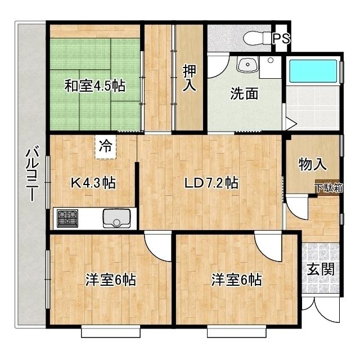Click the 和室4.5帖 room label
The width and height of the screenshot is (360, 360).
click(94, 86)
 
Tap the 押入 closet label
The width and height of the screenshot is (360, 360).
click(189, 78)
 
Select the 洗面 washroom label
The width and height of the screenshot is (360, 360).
click(244, 93)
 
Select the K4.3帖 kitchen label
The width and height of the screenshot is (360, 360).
click(93, 183)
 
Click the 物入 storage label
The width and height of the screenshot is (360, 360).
click(312, 165)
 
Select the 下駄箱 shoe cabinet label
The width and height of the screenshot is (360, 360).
click(328, 188)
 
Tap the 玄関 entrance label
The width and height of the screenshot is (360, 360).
click(321, 269)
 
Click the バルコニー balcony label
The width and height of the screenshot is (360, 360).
click(32, 174)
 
